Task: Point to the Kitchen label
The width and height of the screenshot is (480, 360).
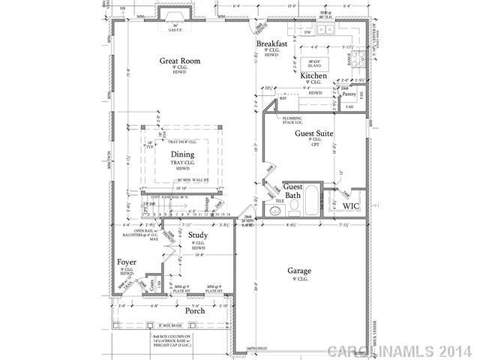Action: click(313, 76)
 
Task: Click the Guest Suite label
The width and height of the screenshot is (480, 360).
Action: click(313, 133)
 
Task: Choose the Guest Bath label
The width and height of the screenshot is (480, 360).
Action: click(292, 191)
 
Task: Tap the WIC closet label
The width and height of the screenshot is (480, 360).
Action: click(352, 205)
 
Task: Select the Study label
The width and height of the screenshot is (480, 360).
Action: click(199, 235)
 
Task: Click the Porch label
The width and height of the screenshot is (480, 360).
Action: click(195, 310)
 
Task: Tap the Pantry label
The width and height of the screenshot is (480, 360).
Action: click(349, 94)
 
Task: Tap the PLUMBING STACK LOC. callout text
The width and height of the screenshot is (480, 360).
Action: click(292, 120)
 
